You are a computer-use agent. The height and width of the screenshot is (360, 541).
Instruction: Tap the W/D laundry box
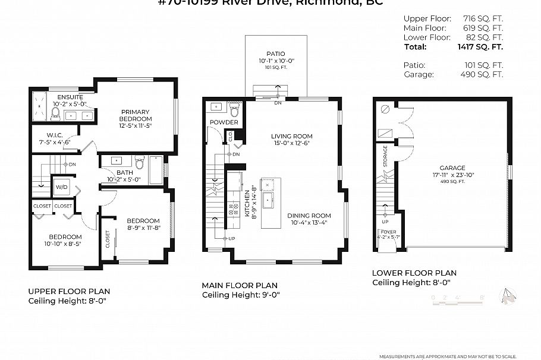tap(61, 186)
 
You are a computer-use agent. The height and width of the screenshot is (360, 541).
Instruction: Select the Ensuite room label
tap(70, 97)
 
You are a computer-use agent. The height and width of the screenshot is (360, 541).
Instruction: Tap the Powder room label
tap(224, 122)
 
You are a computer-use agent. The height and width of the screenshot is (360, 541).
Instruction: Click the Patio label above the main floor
tap(276, 54)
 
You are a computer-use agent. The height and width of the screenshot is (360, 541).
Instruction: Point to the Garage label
tap(452, 168)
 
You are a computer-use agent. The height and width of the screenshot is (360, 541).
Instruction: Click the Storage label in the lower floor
tap(385, 156)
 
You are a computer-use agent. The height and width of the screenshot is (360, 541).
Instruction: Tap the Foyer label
tap(389, 232)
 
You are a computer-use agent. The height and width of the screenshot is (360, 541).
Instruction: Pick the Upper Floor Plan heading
tap(69, 291)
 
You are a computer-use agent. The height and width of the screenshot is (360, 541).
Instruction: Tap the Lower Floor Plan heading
tap(414, 273)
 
